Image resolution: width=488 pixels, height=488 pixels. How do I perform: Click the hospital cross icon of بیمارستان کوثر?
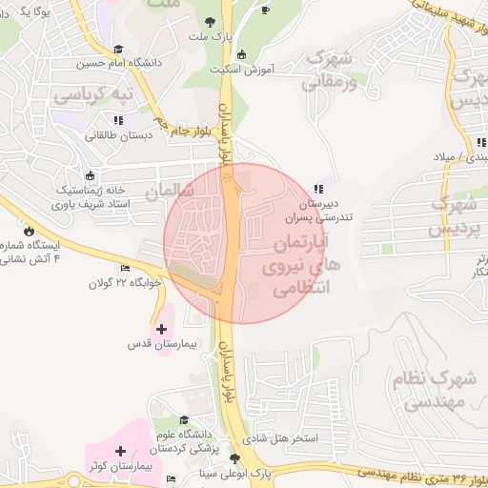[120, 451]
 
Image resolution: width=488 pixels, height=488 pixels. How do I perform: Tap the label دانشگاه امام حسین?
[113, 65]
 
